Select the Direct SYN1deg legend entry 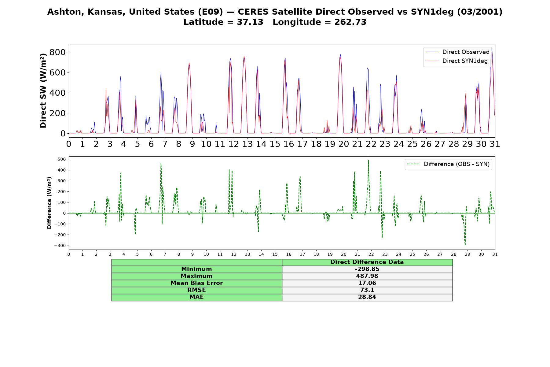[457, 61]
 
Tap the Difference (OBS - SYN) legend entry [448, 164]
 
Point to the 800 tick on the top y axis [57, 52]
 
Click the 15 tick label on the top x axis [275, 144]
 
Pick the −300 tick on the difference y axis [60, 246]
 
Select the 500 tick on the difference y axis [62, 159]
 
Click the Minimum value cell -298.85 [367, 269]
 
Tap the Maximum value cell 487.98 [367, 276]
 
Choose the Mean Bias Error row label [196, 283]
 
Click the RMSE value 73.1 [367, 290]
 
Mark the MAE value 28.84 [367, 297]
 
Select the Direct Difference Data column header [367, 262]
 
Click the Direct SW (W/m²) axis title [43, 91]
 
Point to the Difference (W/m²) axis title [49, 203]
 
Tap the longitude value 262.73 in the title [350, 22]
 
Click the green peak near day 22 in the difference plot [368, 160]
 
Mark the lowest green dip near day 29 [465, 245]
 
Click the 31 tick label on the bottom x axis [495, 254]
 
